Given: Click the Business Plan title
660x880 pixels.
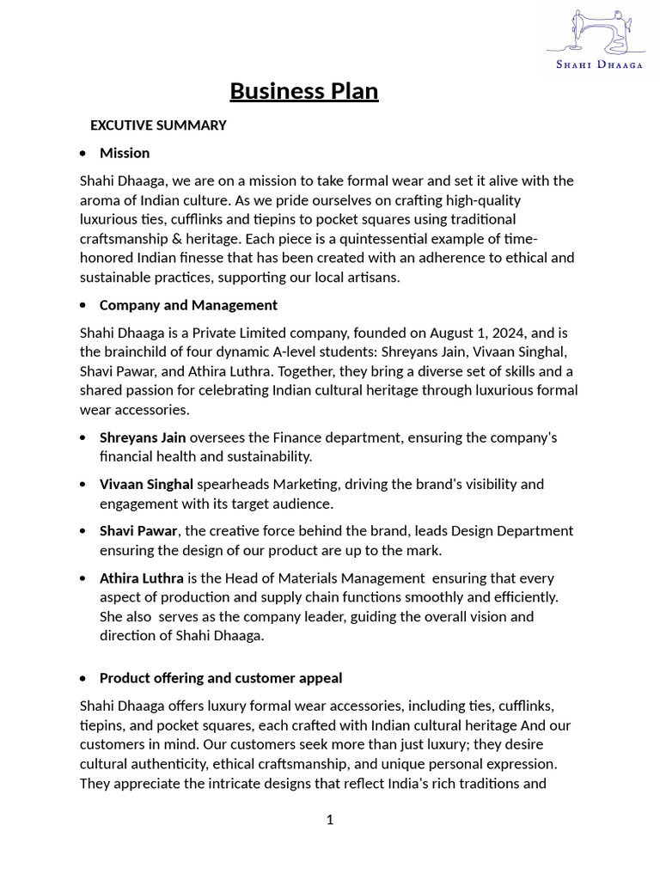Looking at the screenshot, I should tap(304, 91).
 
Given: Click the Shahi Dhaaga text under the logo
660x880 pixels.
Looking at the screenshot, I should tap(599, 64).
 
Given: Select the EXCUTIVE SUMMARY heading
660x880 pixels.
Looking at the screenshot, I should tap(158, 125).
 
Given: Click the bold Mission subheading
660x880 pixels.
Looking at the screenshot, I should tap(125, 153).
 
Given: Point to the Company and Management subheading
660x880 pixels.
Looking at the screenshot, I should tap(188, 305).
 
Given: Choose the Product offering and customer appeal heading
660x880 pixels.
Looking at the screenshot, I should tap(221, 678).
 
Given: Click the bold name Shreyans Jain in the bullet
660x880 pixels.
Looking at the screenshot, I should tap(143, 437).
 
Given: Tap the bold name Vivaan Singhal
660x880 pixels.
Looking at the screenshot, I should tap(146, 484).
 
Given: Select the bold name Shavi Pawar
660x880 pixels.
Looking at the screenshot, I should tap(138, 531).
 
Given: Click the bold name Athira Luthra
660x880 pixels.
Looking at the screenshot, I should tap(142, 578).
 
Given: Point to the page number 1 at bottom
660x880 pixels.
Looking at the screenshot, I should tap(330, 820).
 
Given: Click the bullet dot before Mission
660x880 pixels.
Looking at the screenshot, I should tap(82, 154).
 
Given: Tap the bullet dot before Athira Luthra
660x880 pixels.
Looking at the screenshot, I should tap(82, 579).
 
